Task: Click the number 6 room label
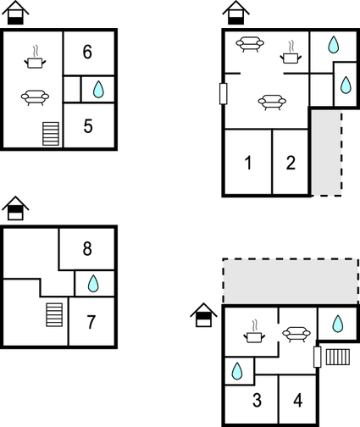tap(87, 52)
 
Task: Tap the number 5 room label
tap(88, 126)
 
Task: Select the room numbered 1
tap(248, 163)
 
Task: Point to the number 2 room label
tap(291, 163)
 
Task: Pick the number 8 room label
tap(87, 249)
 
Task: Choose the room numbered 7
tap(91, 322)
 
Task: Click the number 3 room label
tap(257, 400)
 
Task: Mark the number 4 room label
tap(298, 401)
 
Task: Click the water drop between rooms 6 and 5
tap(98, 89)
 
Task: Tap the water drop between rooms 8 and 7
tap(93, 284)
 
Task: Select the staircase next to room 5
tap(51, 134)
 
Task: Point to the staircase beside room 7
tap(54, 315)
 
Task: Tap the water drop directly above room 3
tap(237, 371)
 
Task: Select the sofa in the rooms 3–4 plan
tap(296, 335)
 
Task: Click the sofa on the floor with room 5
tap(35, 97)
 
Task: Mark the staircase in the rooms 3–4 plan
tap(338, 358)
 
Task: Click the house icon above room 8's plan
tap(15, 208)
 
